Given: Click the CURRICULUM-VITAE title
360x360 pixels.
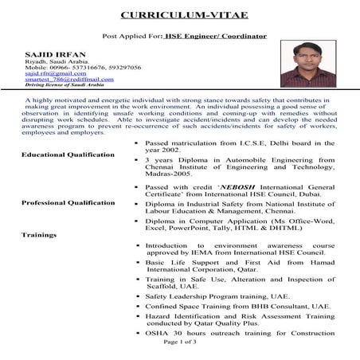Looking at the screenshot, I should (180, 14).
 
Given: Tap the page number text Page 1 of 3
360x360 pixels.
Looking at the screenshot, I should (179, 341).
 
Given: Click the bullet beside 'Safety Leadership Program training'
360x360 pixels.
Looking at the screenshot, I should (138, 294).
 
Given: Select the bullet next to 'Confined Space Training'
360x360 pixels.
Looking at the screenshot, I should (138, 306).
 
